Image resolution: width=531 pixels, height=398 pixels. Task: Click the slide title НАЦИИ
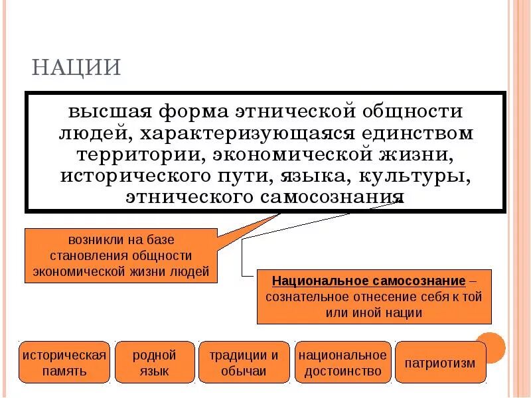click(x=76, y=68)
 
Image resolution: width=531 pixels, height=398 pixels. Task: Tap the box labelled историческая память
click(x=64, y=362)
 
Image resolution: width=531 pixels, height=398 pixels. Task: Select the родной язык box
click(x=155, y=362)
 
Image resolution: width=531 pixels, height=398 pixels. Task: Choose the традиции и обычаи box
click(x=244, y=362)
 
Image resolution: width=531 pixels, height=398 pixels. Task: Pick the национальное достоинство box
click(x=342, y=362)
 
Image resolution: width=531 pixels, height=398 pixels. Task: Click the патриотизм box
click(x=440, y=363)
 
